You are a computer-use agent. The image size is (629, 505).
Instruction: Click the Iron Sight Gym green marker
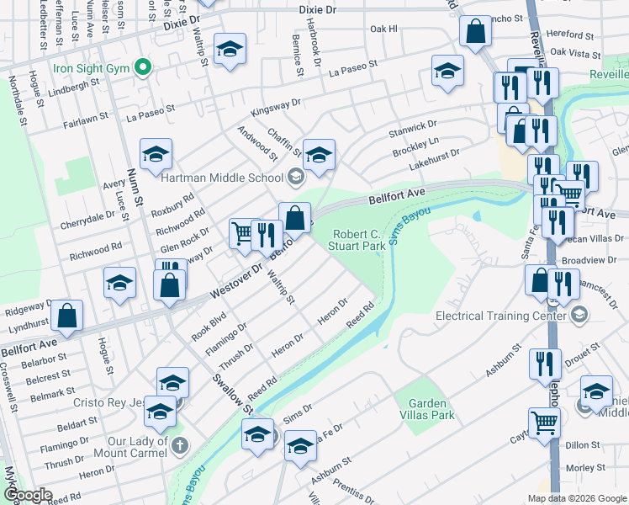(x=143, y=66)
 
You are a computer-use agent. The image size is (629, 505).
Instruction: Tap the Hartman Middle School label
(x=222, y=177)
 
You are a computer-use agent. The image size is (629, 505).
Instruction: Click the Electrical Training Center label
(x=499, y=316)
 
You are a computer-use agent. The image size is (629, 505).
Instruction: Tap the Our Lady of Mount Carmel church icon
(x=180, y=444)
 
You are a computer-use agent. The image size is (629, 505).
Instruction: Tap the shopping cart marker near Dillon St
(x=543, y=421)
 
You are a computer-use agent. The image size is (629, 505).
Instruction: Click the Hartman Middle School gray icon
(x=294, y=176)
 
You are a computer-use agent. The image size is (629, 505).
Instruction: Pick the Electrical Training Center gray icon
(x=578, y=314)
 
